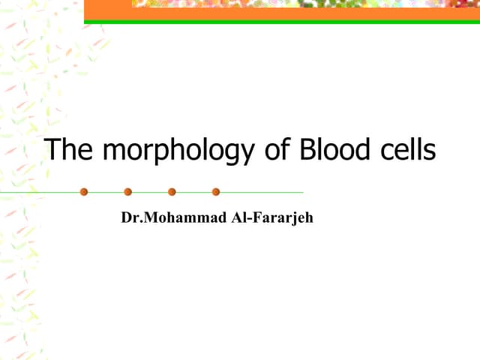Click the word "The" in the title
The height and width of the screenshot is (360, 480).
click(70, 150)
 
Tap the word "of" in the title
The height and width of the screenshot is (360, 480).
click(278, 150)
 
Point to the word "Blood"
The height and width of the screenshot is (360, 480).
click(334, 150)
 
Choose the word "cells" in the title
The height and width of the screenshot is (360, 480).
click(406, 150)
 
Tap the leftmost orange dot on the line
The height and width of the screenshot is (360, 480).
click(84, 192)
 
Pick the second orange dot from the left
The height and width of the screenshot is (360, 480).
click(128, 192)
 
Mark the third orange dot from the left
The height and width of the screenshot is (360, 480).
click(172, 192)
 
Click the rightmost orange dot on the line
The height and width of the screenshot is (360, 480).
click(216, 192)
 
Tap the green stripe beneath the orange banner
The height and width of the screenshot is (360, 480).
click(281, 22)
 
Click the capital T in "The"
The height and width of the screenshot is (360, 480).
click(53, 150)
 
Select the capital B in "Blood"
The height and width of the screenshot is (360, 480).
click(307, 150)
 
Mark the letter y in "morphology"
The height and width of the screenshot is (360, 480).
click(248, 154)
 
